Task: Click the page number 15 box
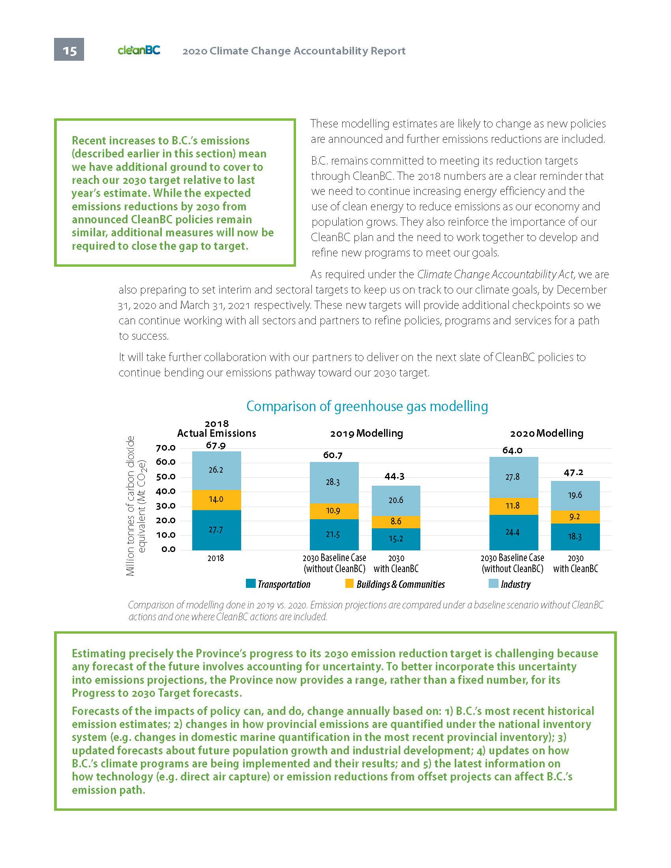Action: click(69, 50)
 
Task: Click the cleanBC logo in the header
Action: click(139, 50)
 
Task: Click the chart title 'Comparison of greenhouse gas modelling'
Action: click(367, 406)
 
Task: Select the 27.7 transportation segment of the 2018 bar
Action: click(216, 530)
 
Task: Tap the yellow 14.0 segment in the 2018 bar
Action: click(216, 499)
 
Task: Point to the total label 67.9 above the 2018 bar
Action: click(216, 445)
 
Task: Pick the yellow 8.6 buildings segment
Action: click(396, 521)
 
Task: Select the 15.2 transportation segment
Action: click(396, 539)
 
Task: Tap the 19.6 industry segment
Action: click(575, 495)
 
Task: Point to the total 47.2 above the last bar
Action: click(574, 473)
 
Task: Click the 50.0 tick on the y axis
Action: click(166, 477)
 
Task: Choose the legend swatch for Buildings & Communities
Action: click(349, 584)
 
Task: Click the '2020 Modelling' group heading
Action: click(547, 433)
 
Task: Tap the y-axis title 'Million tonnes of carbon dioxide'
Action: click(130, 505)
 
